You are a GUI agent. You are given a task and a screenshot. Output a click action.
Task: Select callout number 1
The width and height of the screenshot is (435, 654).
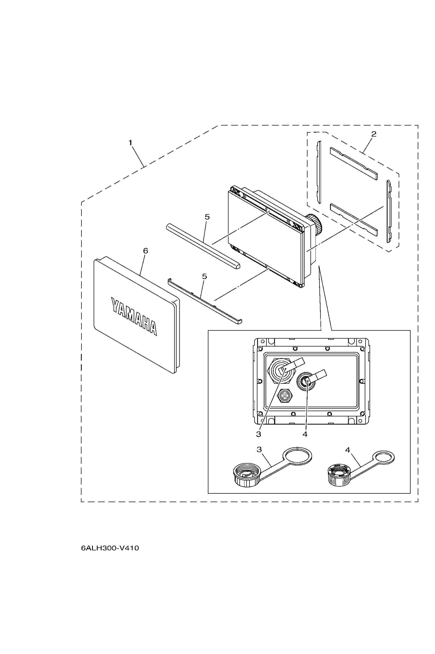(130, 143)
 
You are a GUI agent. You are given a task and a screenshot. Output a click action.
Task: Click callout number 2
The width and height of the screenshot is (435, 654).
(374, 134)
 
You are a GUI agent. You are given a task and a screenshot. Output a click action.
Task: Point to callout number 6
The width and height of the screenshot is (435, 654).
(145, 251)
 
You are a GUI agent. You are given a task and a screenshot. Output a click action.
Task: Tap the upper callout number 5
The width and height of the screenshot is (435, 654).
(207, 217)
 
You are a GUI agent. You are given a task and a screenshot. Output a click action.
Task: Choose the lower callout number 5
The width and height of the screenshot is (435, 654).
(204, 277)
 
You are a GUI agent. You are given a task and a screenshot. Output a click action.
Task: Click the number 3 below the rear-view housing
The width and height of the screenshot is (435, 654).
(259, 434)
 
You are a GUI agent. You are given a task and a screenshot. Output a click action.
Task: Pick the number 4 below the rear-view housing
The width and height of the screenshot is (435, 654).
(305, 434)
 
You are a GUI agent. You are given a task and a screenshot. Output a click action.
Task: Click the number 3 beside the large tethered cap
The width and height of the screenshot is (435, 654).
(259, 449)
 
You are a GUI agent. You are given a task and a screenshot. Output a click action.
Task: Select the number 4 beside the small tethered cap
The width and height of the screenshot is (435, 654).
(348, 450)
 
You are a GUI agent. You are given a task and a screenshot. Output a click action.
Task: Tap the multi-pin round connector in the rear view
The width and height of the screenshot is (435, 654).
(285, 395)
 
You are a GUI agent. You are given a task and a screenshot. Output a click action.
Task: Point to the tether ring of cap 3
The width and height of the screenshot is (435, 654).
(297, 456)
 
